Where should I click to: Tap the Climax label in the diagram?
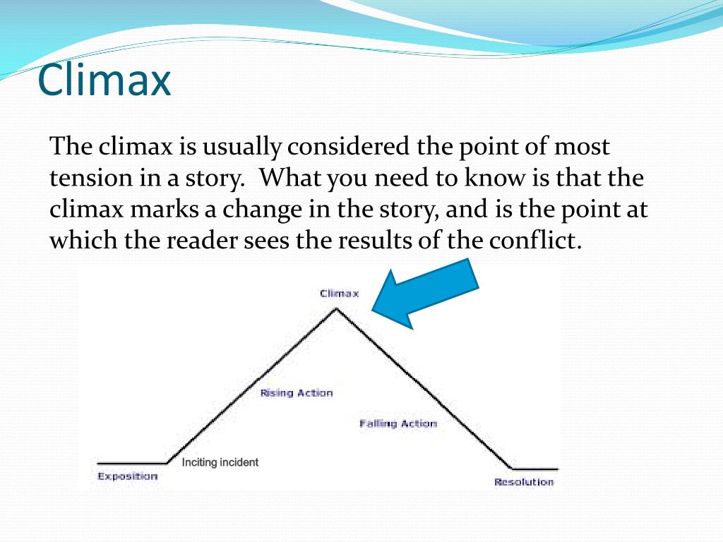(340, 294)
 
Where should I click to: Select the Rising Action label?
(297, 393)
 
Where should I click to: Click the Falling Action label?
(398, 423)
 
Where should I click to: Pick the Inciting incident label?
(220, 462)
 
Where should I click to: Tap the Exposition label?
(128, 476)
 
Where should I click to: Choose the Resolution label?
(524, 482)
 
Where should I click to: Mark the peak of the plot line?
(336, 308)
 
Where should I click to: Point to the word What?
(289, 177)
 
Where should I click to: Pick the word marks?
(164, 208)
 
